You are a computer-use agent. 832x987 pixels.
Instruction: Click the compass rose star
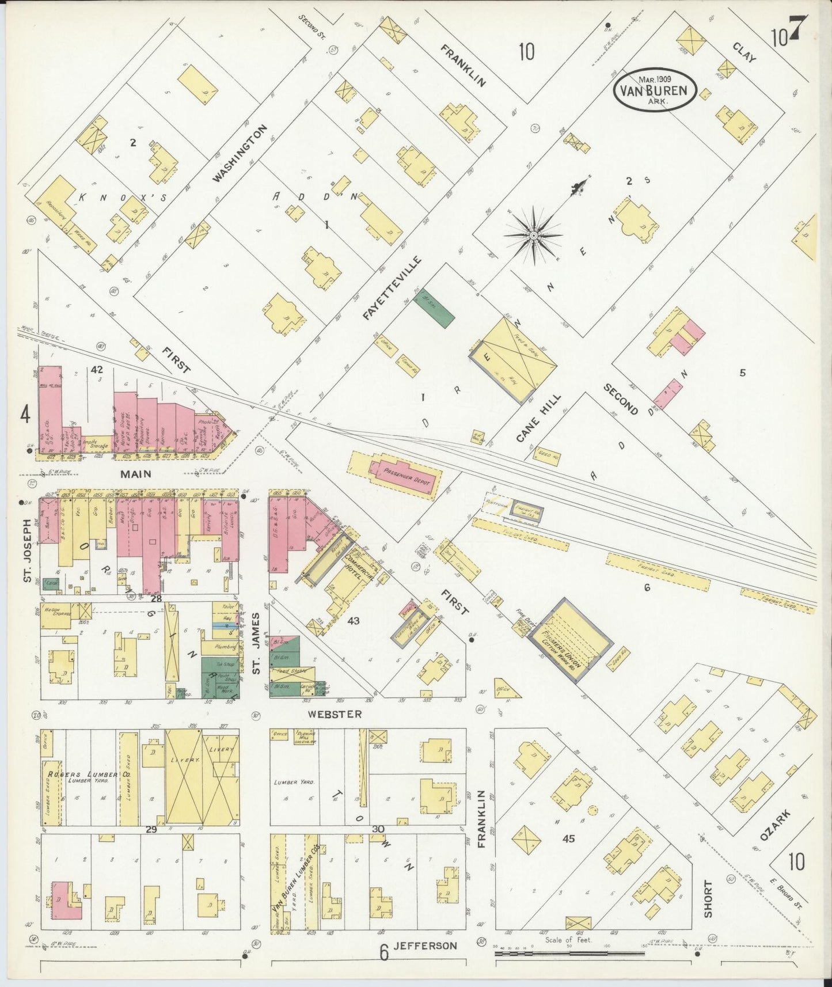[x=533, y=236]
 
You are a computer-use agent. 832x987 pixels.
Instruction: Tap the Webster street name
[x=335, y=714]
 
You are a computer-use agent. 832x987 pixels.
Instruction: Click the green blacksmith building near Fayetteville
[x=435, y=308]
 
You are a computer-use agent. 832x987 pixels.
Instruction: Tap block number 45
[x=568, y=839]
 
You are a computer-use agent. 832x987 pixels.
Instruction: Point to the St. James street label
[x=257, y=643]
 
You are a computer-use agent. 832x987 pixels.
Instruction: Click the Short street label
[x=708, y=898]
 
